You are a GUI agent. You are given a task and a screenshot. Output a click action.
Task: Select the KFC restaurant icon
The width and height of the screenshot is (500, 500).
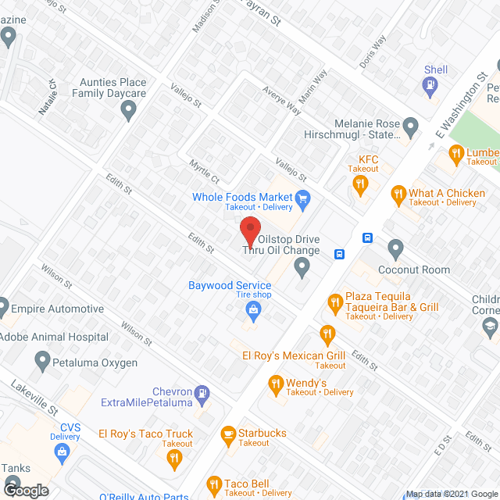coord(360,185)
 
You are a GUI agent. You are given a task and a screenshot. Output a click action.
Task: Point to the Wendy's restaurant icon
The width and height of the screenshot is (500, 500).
coord(276,384)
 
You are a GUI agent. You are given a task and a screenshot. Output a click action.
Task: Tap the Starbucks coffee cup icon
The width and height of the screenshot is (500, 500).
coord(228,433)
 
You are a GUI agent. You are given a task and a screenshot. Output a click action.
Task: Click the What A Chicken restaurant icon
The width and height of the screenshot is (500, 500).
coord(398,194)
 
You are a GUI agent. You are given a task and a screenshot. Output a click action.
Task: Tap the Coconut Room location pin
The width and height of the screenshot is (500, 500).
coord(396,250)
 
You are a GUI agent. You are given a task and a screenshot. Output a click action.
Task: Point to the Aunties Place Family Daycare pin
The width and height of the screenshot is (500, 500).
coord(130,112)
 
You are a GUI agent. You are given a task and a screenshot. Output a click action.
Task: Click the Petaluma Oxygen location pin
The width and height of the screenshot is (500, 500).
coord(43,361)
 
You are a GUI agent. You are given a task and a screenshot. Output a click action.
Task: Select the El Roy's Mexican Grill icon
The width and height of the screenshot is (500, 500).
coord(327,336)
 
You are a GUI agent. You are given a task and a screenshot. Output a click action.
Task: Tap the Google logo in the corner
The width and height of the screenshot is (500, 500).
coord(25,490)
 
